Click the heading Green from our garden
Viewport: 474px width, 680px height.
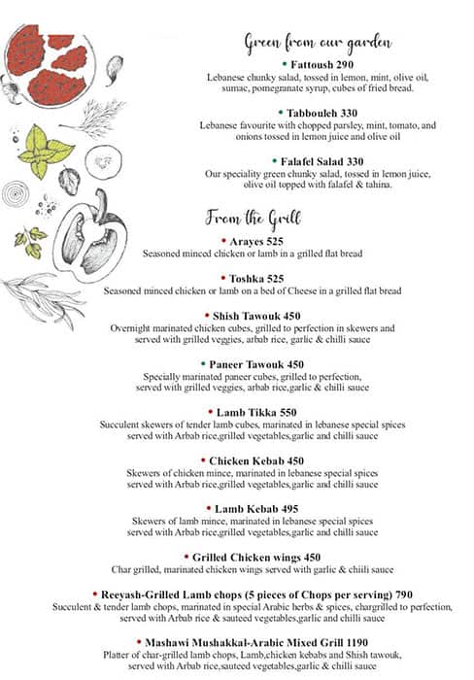(x=318, y=42)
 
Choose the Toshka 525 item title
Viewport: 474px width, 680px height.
(x=256, y=277)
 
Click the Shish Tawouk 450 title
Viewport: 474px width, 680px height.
(x=257, y=316)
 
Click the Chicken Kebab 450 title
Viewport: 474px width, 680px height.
(x=257, y=460)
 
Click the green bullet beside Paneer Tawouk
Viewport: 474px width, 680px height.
(x=202, y=364)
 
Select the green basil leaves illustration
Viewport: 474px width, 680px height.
(x=44, y=150)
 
